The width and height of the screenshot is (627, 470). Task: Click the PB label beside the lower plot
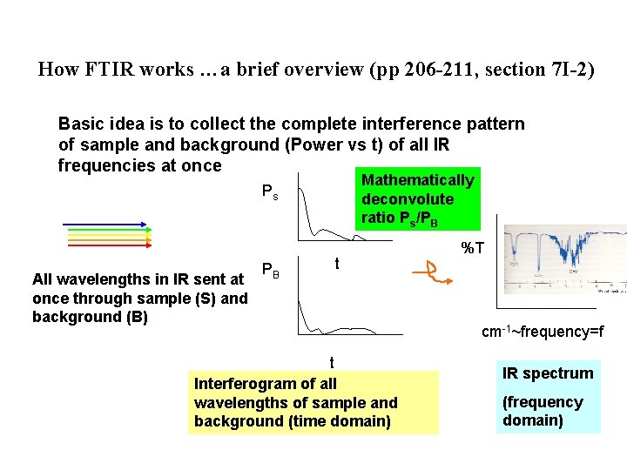271,272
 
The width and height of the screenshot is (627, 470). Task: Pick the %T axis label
472,249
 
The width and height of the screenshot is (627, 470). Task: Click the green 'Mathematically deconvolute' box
417,198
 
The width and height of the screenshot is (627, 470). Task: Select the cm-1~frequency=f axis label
543,332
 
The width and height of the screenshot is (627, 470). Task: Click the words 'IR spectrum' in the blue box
548,373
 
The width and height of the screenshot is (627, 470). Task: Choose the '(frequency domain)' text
543,411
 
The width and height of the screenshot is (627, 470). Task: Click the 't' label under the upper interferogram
337,263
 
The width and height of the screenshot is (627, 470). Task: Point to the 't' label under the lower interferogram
331,362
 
